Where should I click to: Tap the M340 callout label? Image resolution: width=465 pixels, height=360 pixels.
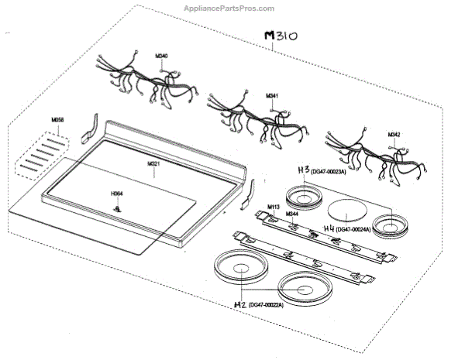coord(161,56)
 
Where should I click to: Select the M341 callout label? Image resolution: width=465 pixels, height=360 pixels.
coord(272,95)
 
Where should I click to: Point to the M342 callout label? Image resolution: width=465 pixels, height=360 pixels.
coord(394,135)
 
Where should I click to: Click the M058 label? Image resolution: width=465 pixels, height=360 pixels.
coord(57,121)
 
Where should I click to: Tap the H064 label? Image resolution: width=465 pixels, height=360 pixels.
coord(117,193)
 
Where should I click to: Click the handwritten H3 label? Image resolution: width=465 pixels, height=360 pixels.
coord(304,169)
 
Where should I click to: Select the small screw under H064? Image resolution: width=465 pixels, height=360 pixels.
coord(117,207)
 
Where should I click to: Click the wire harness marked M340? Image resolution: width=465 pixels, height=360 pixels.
coord(139,81)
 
